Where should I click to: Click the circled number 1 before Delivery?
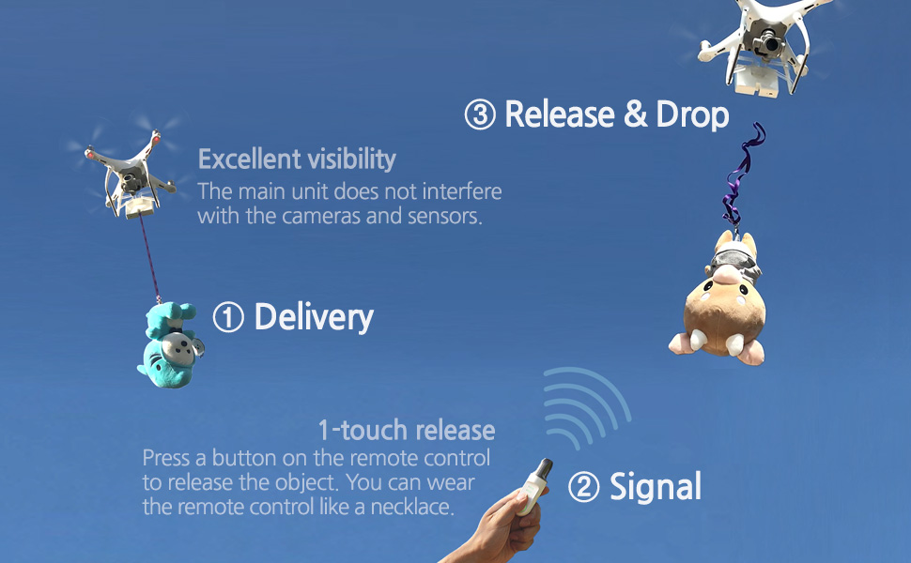point(227,318)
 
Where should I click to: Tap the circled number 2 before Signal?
point(583,488)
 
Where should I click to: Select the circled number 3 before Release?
point(480,115)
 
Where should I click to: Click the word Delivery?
point(314,317)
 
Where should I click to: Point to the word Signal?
point(656,487)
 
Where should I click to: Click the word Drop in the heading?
point(692,114)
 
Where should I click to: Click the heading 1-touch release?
point(406,431)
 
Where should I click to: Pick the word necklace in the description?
point(414,508)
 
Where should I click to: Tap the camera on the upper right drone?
point(771,43)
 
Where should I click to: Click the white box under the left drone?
point(138,205)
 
